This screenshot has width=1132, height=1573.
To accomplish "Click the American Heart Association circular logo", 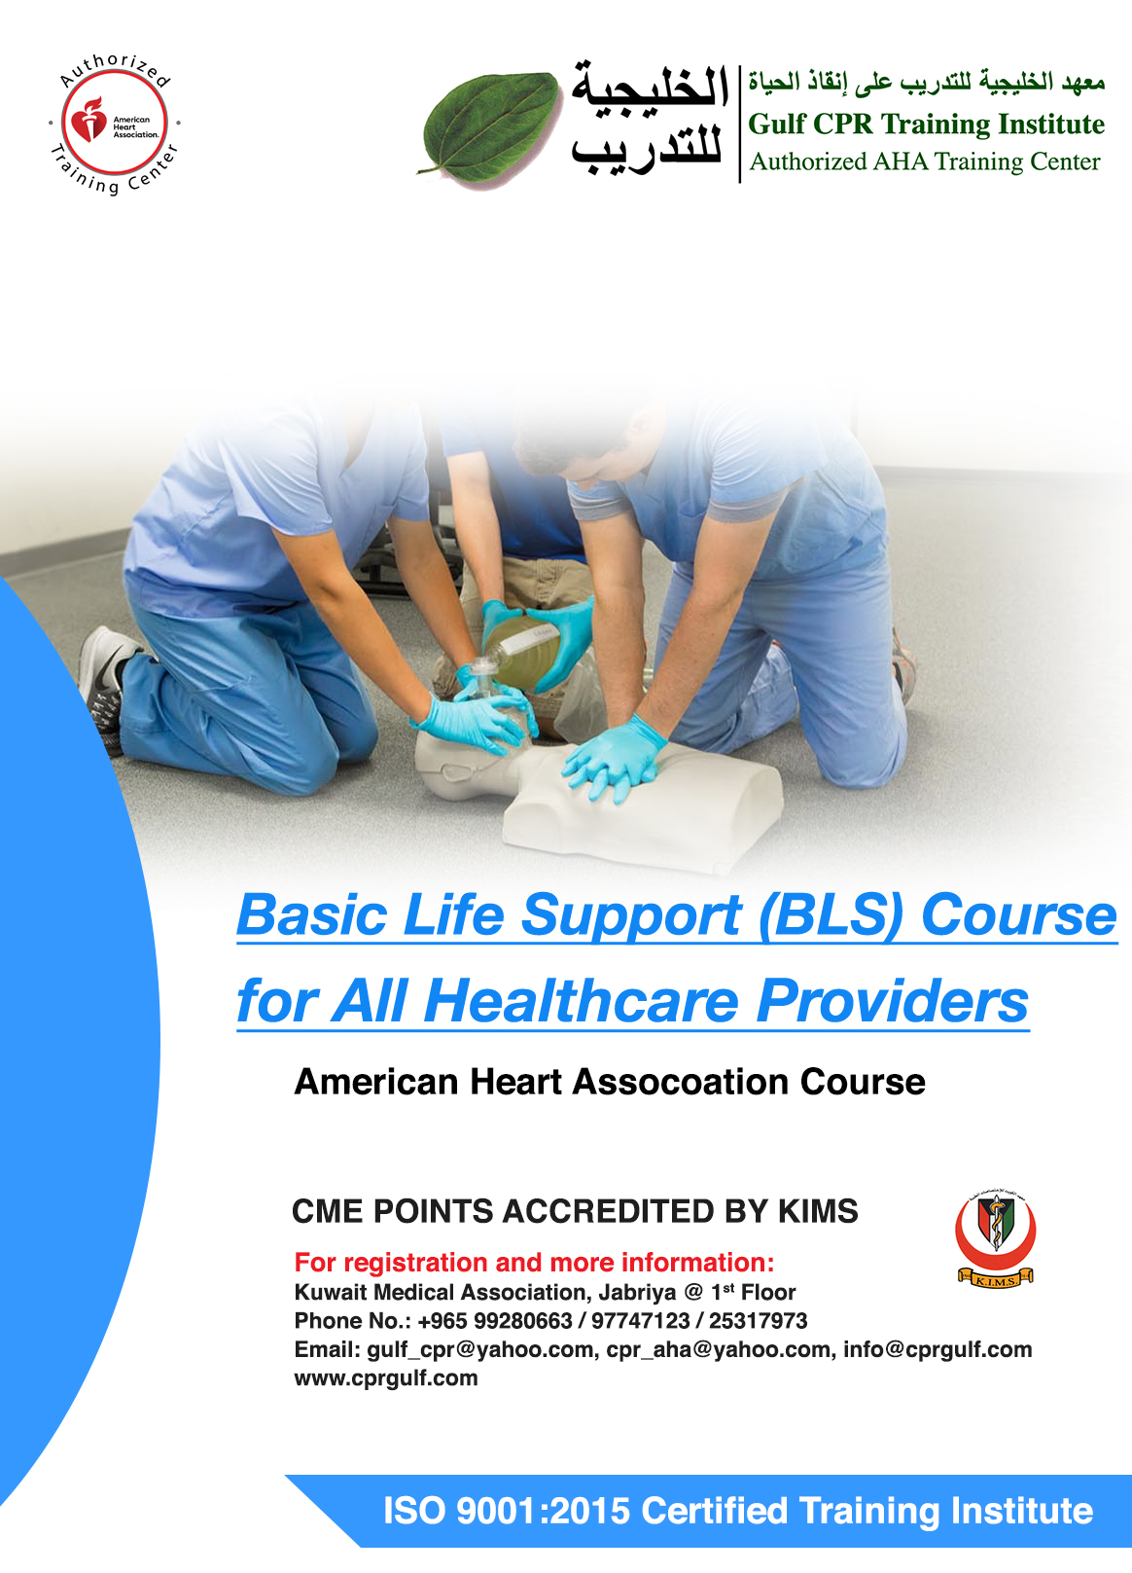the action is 115,123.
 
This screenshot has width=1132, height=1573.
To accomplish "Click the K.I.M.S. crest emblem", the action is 995,1240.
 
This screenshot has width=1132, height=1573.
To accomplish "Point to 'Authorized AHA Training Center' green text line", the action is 925,161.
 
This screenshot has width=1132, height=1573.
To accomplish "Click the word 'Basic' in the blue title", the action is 312,915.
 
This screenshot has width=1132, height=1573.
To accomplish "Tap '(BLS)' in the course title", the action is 831,916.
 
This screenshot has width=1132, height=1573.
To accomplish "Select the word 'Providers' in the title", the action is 892,1001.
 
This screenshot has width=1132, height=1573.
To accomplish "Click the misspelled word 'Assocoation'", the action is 681,1082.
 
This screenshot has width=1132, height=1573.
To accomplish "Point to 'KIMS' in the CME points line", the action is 818,1211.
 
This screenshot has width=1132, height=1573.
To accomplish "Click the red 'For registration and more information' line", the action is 534,1263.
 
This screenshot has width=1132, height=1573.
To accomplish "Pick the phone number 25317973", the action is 758,1321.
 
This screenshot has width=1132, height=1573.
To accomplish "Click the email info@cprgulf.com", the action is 937,1349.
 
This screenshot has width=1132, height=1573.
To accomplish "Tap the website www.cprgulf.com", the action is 385,1377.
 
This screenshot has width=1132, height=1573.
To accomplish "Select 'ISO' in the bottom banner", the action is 414,1511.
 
